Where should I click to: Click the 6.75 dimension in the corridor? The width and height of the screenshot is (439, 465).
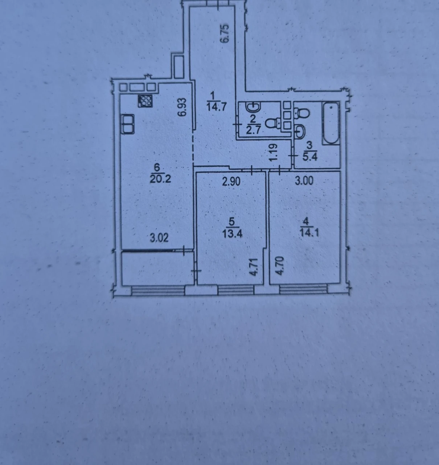[225, 33]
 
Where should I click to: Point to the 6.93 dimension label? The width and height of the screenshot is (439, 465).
[182, 107]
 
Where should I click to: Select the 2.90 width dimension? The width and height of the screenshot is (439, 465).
[231, 181]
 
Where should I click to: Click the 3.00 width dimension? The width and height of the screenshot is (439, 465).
[304, 181]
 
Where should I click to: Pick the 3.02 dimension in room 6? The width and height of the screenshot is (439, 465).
[159, 238]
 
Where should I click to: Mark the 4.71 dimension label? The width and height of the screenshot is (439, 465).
[255, 267]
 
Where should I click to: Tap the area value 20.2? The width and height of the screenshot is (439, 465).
[160, 179]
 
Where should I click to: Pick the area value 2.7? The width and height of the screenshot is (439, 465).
[253, 130]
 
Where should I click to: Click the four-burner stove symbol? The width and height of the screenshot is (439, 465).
[145, 101]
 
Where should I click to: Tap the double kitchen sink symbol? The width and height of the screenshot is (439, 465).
[128, 124]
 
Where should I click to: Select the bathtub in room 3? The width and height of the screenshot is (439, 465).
[331, 123]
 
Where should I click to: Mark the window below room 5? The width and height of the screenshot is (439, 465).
[236, 290]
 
